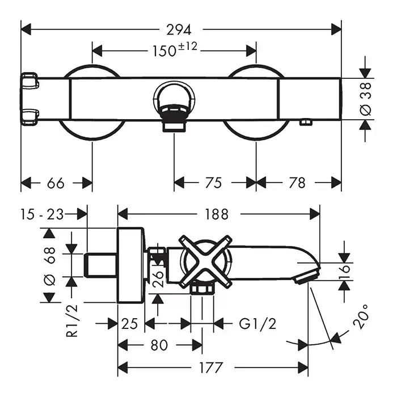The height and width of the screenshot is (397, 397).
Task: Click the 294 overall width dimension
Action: [181, 29]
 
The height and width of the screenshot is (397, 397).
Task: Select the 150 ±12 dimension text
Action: [174, 50]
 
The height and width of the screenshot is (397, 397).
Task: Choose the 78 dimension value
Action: [297, 183]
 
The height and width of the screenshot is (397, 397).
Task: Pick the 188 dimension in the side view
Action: [216, 214]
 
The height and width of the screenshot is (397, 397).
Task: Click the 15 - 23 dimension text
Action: [41, 214]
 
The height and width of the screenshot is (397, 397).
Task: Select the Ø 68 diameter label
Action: [49, 264]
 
